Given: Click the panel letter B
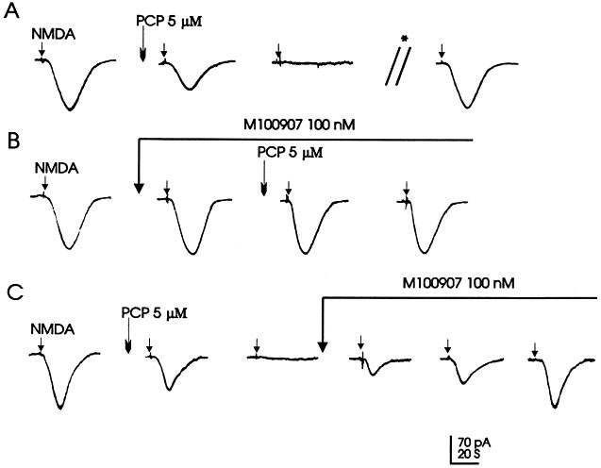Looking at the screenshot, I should coord(12,142).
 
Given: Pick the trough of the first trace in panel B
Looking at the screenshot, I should coord(69,248).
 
